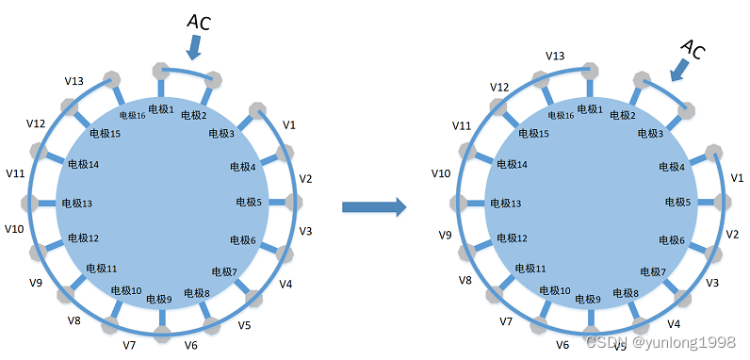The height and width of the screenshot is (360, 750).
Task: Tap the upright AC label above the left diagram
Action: [x=198, y=21]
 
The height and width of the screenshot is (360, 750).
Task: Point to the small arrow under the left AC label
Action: [x=195, y=46]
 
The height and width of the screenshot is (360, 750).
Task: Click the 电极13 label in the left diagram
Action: [x=77, y=204]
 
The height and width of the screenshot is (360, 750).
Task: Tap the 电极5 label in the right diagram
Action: [x=677, y=202]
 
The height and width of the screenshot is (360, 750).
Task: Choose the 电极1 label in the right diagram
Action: [x=589, y=109]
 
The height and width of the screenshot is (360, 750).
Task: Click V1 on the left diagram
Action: [x=289, y=124]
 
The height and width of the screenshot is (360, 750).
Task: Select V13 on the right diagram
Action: [x=556, y=56]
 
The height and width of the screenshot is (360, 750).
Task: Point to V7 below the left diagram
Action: [x=130, y=345]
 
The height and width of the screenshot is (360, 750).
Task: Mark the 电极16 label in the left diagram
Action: [x=132, y=115]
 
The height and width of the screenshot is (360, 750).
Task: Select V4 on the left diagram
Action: [x=285, y=284]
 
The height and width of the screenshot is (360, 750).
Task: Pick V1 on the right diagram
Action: [x=738, y=178]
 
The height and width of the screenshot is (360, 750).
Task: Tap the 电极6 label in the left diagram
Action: [x=241, y=240]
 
